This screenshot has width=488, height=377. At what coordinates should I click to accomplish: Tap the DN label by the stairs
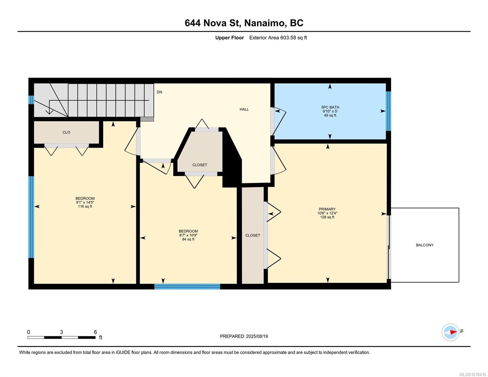(159, 92)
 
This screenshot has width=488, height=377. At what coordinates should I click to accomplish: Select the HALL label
(244, 109)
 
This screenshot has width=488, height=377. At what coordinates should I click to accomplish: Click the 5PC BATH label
(330, 107)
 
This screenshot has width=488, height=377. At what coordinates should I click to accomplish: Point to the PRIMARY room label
(327, 209)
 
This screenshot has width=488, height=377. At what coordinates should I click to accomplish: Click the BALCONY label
(425, 245)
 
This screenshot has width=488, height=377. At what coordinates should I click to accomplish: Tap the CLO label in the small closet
(66, 133)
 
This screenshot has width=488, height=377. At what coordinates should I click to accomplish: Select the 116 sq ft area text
(85, 206)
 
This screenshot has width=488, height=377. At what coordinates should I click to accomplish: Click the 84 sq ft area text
(188, 239)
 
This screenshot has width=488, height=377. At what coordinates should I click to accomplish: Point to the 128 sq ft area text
(327, 217)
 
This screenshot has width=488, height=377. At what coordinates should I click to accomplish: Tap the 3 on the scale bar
(61, 332)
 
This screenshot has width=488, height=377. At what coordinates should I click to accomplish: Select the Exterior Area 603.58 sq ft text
(278, 38)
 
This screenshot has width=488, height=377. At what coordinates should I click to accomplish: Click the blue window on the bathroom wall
(388, 111)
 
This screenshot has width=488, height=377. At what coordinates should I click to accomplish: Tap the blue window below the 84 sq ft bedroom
(187, 287)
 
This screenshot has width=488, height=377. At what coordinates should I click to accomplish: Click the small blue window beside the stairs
(31, 100)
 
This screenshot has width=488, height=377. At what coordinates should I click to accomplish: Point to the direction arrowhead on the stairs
(49, 112)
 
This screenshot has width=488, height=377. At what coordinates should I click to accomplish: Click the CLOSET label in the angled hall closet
(200, 165)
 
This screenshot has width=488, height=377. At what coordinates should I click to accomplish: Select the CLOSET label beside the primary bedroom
(253, 235)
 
